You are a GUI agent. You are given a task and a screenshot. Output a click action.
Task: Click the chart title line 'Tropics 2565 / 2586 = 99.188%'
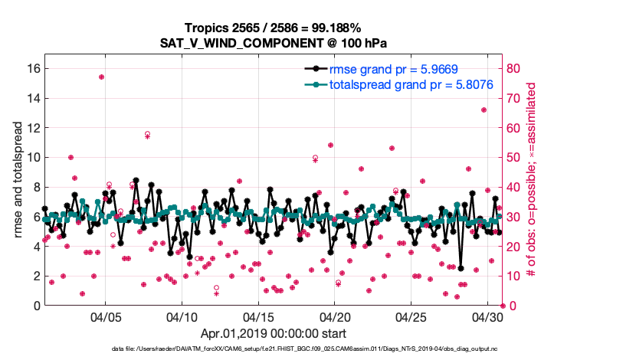[274, 28]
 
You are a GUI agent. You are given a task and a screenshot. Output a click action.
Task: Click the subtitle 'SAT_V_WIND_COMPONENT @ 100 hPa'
[274, 43]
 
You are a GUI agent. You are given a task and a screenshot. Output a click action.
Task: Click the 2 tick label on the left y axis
[35, 276]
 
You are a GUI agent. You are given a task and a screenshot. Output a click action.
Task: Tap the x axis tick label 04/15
[258, 316]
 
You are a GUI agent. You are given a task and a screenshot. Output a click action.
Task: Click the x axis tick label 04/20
[335, 316]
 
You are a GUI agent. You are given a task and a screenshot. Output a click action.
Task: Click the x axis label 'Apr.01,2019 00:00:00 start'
[274, 333]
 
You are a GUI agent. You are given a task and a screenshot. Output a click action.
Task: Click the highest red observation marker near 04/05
[101, 77]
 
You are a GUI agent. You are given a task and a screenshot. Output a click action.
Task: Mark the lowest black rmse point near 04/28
[461, 268]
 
